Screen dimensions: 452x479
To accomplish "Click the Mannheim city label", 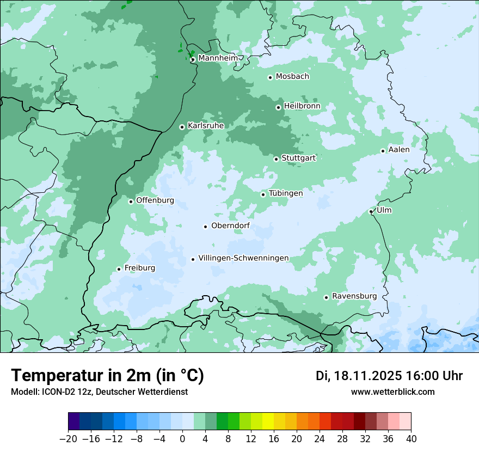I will pos(218,58).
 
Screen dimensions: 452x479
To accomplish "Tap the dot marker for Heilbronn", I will pos(279,107).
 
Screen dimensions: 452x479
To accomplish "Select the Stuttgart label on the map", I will pos(298,158).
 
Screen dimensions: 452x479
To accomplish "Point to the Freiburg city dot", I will pos(119,269).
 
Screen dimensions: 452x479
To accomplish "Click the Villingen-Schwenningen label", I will pos(243,258).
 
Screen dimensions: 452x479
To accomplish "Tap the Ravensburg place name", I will pos(354,296).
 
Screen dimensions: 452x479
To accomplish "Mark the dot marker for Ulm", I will pos(371,211).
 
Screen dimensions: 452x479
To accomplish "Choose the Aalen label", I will pos(399,150).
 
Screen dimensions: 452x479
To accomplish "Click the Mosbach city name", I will pos(292,77).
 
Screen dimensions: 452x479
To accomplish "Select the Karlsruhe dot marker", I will pos(182,127).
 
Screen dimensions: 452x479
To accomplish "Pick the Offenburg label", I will pos(155,200).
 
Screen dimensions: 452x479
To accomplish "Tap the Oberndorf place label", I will pos(230,226).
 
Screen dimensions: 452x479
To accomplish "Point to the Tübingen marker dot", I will pos(263,194).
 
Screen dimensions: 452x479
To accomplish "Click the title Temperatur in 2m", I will pos(108,375).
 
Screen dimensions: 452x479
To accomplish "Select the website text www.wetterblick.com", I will pos(393,392).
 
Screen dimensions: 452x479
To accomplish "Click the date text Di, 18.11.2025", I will pos(358,376).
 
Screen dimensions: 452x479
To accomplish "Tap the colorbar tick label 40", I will pos(411,439).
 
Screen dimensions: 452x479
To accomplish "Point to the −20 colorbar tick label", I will pos(68,439).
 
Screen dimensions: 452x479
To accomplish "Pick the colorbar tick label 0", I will pos(182,439).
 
